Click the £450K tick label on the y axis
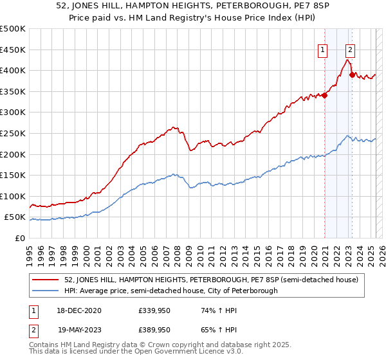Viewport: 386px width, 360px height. pos(13,50)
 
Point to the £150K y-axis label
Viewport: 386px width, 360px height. pos(13,175)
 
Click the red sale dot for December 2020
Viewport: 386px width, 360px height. pos(324,96)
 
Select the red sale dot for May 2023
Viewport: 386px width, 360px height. pos(352,75)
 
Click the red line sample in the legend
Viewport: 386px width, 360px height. pos(46,279)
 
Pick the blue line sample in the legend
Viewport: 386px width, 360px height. pos(46,291)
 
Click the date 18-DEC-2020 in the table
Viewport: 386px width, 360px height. pos(77,310)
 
